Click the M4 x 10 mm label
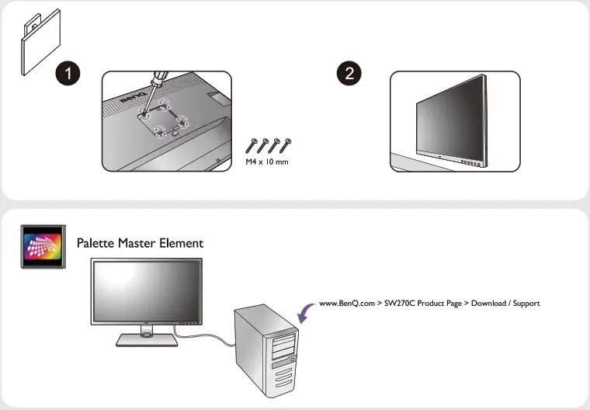(266, 162)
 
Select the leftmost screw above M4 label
(252, 144)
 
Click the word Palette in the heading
(95, 243)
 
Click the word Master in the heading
(137, 243)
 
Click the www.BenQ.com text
(346, 303)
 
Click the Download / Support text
(505, 303)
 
